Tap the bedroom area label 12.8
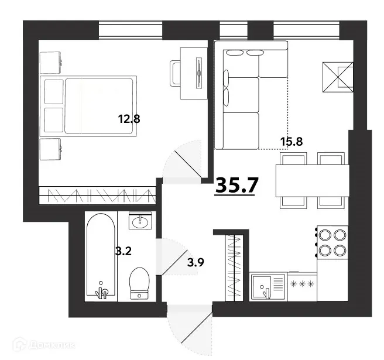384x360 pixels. tap(129, 119)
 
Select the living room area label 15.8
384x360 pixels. tap(292, 142)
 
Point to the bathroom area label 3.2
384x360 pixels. tap(124, 251)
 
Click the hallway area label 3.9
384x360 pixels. tap(196, 263)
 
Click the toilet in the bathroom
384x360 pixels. tap(139, 283)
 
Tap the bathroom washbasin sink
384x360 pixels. tap(140, 221)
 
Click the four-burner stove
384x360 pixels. tap(332, 242)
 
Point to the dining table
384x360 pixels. tap(313, 181)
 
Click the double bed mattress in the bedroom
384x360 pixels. tap(99, 106)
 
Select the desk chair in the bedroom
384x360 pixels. tap(176, 74)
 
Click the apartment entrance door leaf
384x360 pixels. tap(197, 328)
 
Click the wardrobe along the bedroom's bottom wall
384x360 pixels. tap(98, 196)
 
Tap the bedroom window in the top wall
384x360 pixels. tap(131, 30)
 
